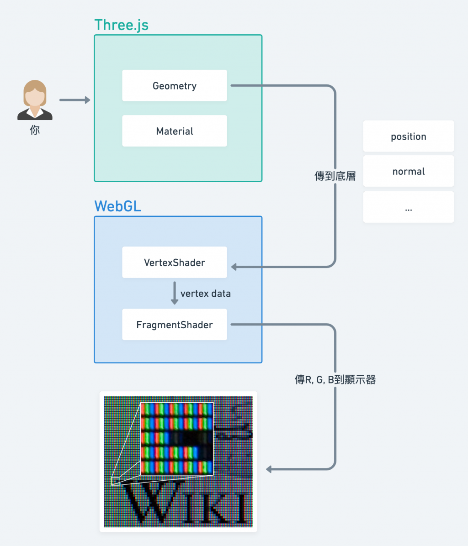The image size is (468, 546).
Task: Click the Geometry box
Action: point(174,86)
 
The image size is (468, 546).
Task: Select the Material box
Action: point(174,131)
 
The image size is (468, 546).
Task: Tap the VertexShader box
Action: point(174,262)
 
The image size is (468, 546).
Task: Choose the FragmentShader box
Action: point(174,325)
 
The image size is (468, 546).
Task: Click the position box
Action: point(409,136)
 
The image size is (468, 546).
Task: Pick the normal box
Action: point(409,171)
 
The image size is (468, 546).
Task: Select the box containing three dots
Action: point(409,207)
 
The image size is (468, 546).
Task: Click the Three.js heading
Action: point(121,25)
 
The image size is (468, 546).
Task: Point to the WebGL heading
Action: point(118,206)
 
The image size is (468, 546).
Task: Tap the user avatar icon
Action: point(35,100)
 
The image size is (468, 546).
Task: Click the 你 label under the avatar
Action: point(35,130)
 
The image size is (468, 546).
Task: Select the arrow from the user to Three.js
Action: point(74,100)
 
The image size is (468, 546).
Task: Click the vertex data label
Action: point(206,294)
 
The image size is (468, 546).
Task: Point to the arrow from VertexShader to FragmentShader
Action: point(175,293)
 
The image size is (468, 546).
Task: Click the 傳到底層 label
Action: point(335,176)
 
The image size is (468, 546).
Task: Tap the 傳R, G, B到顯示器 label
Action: point(335,379)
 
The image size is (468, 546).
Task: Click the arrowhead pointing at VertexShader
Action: point(234,267)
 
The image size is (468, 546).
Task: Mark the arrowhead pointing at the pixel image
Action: point(269,469)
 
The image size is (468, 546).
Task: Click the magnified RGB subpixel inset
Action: point(177,438)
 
